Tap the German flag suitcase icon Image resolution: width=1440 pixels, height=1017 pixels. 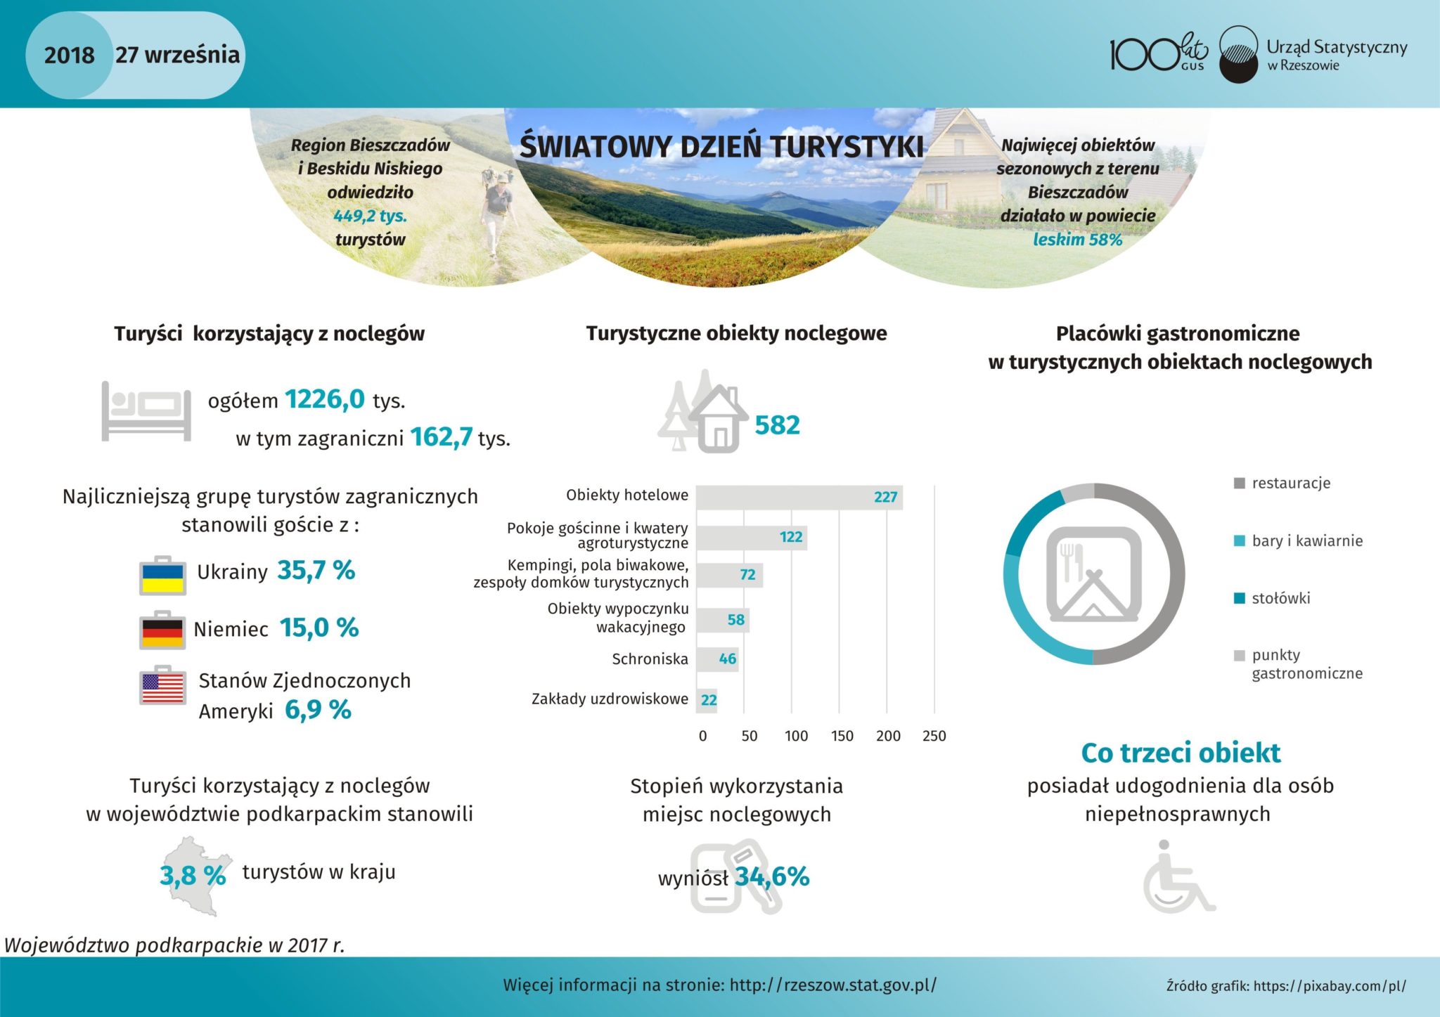(162, 630)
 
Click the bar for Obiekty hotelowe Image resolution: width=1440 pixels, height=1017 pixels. (799, 497)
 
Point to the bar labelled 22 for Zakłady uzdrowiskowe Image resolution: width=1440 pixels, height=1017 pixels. (707, 700)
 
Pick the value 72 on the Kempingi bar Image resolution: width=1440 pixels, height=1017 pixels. (747, 575)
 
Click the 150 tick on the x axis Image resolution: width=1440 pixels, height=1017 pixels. (842, 736)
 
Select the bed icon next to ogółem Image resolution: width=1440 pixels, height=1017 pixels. (146, 410)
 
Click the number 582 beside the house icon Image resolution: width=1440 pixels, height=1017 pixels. (777, 425)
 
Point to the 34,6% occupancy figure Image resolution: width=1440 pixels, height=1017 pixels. (772, 876)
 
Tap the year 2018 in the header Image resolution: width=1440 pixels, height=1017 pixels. (69, 55)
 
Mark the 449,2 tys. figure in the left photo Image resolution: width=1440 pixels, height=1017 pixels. (370, 216)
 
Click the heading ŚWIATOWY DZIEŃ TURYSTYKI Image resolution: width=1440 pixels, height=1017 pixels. (721, 147)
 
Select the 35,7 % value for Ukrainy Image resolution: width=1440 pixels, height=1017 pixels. (316, 571)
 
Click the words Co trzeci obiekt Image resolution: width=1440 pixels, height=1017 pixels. (1181, 753)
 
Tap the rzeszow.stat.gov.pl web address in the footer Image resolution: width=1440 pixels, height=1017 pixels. (832, 985)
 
